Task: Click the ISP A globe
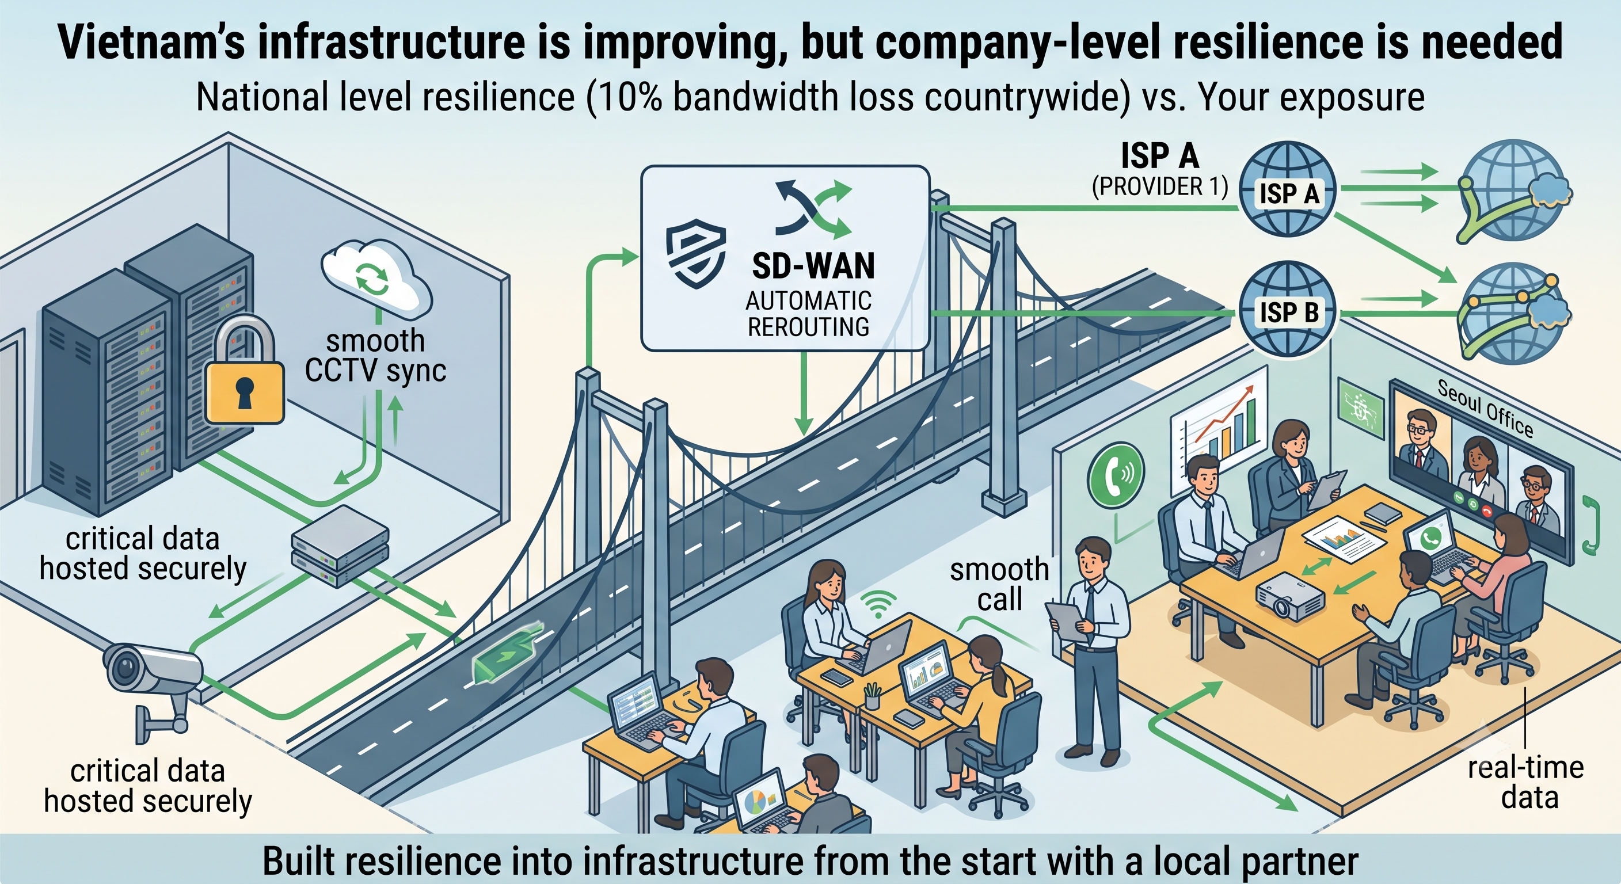click(x=1288, y=189)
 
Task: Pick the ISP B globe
click(x=1288, y=310)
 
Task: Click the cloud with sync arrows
click(x=375, y=279)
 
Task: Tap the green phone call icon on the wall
click(x=1116, y=474)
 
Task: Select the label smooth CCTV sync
click(x=375, y=356)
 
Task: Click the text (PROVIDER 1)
click(x=1159, y=187)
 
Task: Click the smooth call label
click(x=999, y=585)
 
